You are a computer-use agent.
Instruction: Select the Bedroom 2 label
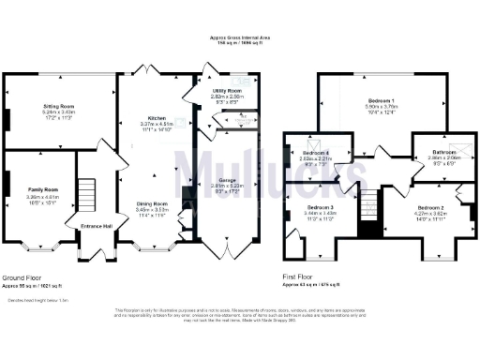pos(430,206)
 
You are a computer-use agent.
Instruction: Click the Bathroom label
pos(432,151)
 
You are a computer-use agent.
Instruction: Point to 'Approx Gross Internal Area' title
pos(240,37)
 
